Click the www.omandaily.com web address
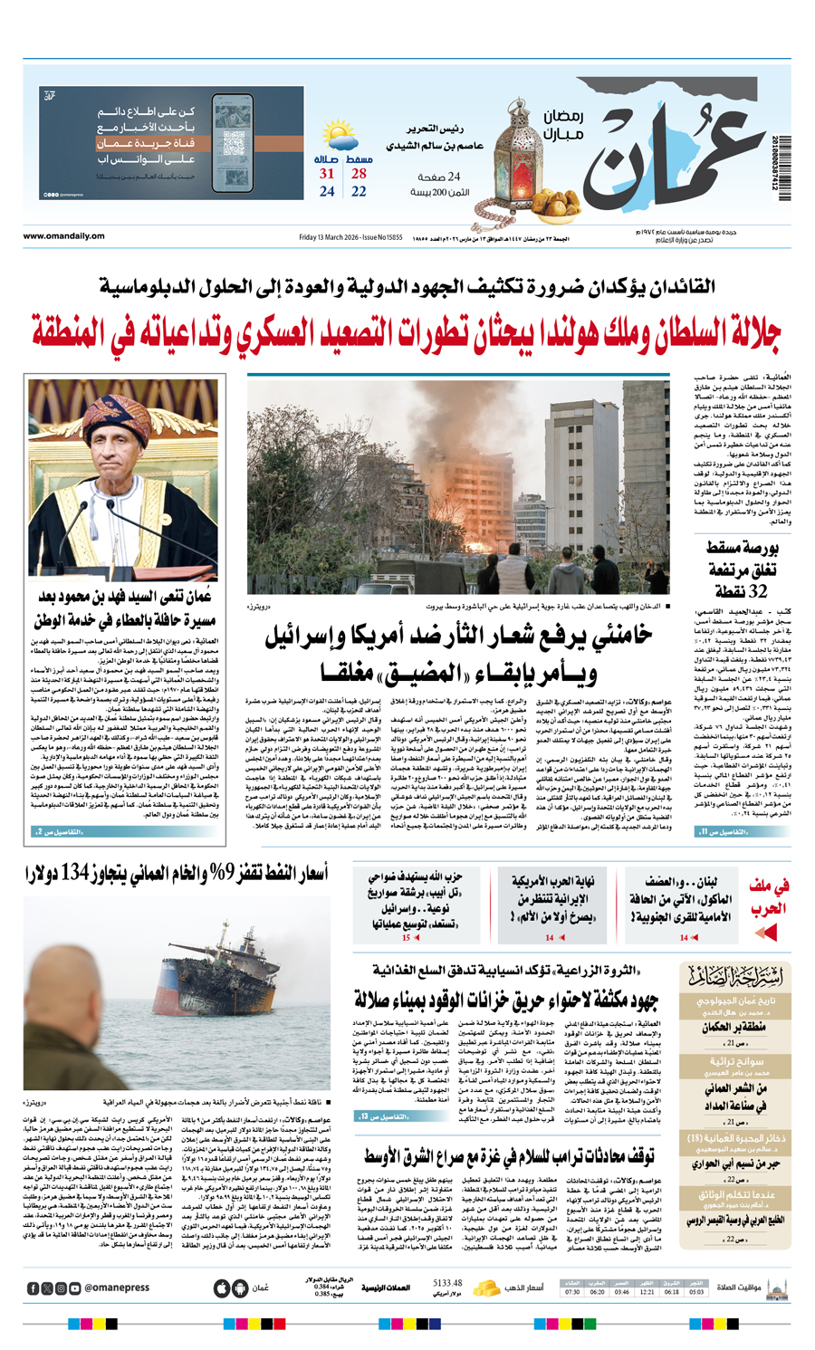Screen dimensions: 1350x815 tap(63, 237)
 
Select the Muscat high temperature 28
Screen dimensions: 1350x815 tap(359, 174)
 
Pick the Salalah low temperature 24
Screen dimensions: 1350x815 tap(327, 192)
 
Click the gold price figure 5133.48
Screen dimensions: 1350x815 tap(447, 1283)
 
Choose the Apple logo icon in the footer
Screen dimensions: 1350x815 tap(221, 1288)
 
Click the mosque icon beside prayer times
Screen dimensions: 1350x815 tap(775, 1288)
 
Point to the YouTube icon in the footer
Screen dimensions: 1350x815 tap(75, 1288)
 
